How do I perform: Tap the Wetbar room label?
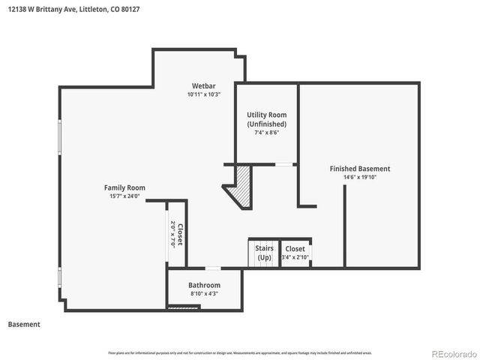click(x=204, y=85)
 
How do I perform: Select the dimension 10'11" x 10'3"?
click(x=204, y=94)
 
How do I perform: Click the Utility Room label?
click(x=266, y=115)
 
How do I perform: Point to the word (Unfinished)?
click(x=266, y=124)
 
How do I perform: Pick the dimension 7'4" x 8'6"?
click(x=266, y=133)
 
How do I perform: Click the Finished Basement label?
click(x=360, y=169)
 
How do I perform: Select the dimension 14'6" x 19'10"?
click(x=360, y=178)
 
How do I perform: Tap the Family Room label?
click(x=124, y=187)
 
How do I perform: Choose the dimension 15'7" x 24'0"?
click(x=124, y=196)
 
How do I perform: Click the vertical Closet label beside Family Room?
click(x=180, y=234)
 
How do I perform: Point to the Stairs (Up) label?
click(x=264, y=253)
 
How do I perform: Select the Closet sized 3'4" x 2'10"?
click(x=295, y=248)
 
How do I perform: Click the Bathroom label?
click(x=204, y=285)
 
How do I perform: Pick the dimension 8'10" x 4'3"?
click(x=204, y=294)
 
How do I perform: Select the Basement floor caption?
click(x=24, y=325)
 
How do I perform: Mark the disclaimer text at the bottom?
click(x=239, y=352)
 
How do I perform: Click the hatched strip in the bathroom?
click(x=180, y=307)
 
